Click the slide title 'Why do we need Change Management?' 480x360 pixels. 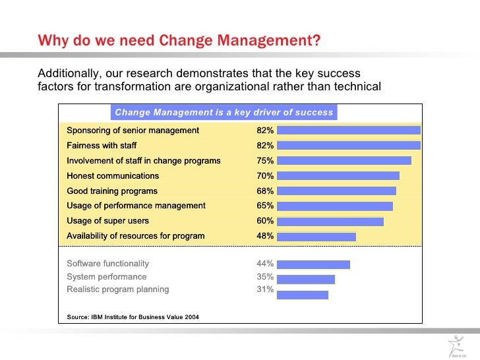pos(179,41)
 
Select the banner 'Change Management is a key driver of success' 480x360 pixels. pos(224,112)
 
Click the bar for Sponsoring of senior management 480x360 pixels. pos(348,131)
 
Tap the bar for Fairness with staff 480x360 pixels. pos(348,146)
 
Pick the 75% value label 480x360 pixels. pos(265,161)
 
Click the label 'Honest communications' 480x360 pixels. pos(113,176)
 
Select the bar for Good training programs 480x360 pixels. pos(336,191)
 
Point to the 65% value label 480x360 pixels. pos(265,206)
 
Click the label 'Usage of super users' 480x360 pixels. pos(107,221)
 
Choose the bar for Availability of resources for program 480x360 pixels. pos(316,236)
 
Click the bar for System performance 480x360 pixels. pos(305,280)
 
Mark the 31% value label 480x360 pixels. pos(265,289)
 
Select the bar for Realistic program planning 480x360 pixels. pos(302,295)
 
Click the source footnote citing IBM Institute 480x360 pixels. pos(133,318)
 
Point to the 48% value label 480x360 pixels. pos(265,236)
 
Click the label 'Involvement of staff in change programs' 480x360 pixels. pos(144,161)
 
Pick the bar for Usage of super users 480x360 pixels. pos(330,222)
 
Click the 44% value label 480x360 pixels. pos(265,264)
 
